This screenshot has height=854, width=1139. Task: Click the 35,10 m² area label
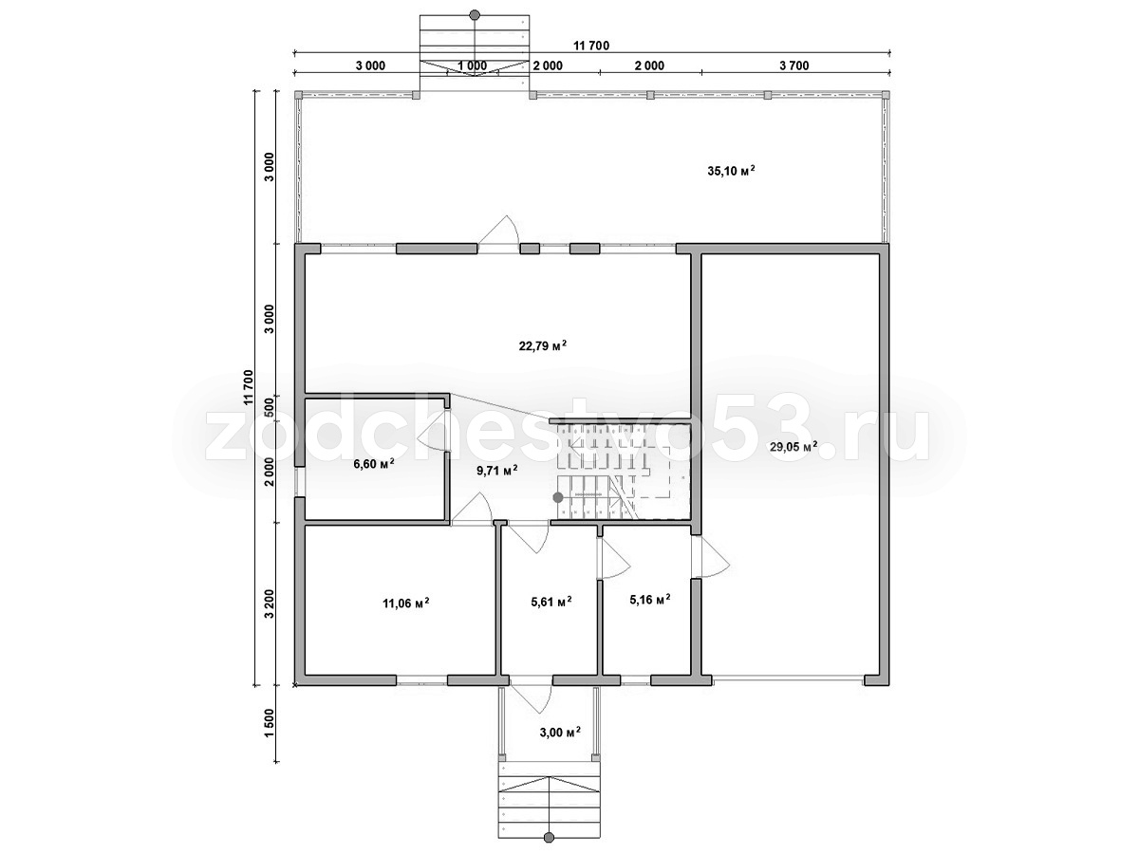731,171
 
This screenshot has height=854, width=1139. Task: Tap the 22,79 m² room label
542,345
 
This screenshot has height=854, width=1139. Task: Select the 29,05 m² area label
794,446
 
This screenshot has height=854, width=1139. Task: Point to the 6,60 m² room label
374,463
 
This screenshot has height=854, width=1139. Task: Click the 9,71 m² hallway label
496,471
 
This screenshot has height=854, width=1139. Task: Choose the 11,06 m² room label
406,603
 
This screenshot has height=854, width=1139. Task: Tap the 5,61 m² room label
551,602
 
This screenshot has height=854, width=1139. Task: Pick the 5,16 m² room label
649,600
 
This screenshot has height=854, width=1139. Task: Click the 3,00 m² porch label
560,733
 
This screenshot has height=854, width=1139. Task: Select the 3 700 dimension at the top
794,65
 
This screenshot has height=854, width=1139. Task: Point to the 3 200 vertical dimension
269,604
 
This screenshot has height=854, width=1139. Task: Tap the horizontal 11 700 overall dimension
591,46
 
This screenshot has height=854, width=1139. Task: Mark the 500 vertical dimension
269,408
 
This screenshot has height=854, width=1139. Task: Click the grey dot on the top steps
475,14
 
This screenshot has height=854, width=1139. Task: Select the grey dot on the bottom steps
549,838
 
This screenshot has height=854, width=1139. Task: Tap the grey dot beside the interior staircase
558,498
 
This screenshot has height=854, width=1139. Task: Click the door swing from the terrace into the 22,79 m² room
498,230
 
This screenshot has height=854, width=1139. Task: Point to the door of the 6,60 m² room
434,432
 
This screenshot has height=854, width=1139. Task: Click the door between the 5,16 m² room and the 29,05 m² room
712,557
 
